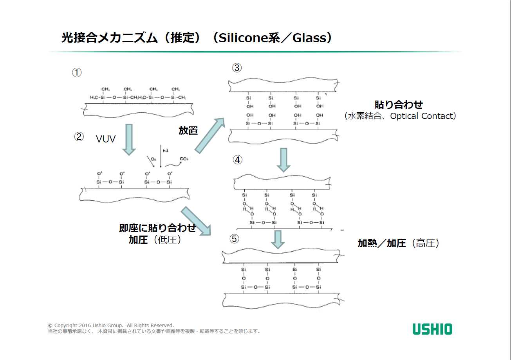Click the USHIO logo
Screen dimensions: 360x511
tap(432, 329)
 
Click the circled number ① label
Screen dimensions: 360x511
tap(77, 73)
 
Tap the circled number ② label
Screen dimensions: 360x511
tap(79, 137)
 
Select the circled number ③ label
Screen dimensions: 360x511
tap(237, 68)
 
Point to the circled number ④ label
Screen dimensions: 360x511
tap(238, 160)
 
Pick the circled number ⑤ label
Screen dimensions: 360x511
tap(234, 239)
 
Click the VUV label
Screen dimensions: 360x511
tap(106, 139)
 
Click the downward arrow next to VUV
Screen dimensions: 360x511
tap(128, 139)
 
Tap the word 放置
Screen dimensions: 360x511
tap(188, 131)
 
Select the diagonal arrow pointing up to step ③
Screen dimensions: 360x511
tap(210, 135)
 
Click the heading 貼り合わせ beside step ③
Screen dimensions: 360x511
tap(399, 105)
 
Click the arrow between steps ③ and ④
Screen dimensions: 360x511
tap(283, 160)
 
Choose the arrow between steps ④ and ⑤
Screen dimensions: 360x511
tap(278, 239)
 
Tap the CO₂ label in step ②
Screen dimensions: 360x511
tap(183, 159)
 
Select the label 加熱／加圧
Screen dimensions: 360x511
tap(382, 243)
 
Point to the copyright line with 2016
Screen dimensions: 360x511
tap(111, 325)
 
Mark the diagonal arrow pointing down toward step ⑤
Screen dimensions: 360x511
tap(195, 221)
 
